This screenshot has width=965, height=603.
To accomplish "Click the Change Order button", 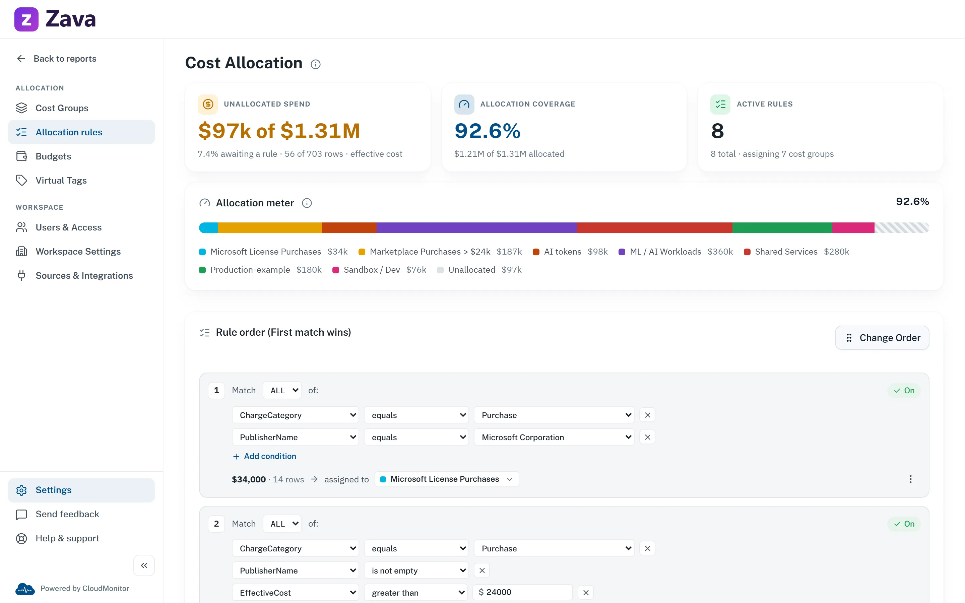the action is point(882,338).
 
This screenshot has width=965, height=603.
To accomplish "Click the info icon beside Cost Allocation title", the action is point(315,64).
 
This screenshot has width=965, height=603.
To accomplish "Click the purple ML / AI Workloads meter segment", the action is point(476,228).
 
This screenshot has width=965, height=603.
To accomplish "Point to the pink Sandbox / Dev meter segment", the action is point(853,228).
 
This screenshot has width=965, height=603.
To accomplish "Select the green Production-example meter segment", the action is point(782,228).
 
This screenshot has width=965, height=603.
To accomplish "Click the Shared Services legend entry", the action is point(796,252).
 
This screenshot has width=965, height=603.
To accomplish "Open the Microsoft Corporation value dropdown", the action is point(554,437).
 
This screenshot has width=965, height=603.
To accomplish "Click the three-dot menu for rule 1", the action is point(910,479).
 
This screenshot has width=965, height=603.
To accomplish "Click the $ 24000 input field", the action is point(522,592).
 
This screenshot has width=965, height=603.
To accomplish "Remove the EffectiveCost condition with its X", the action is point(586,593).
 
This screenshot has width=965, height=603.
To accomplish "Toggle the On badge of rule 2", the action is point(904,524).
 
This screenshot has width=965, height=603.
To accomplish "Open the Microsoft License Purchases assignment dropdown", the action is point(447,479).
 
